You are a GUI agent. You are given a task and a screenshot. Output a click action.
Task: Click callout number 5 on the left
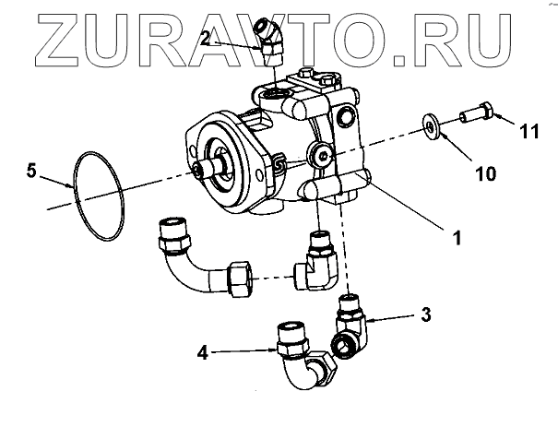click(x=32, y=170)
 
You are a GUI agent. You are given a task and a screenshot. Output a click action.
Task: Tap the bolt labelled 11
click(x=477, y=114)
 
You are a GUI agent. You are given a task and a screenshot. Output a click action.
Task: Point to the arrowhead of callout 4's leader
click(x=273, y=350)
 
